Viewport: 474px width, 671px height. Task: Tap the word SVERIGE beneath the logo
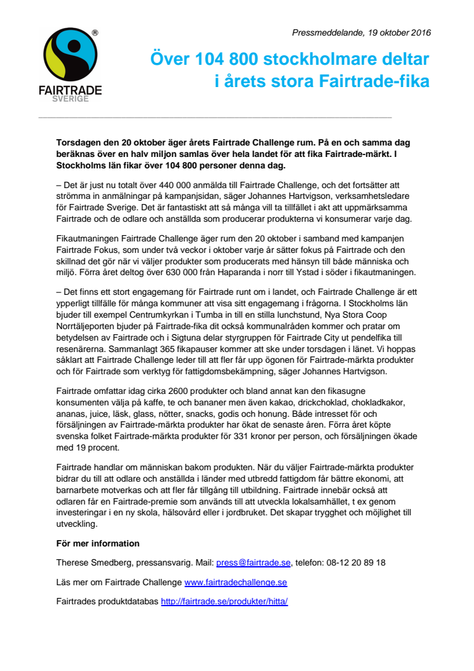pos(70,99)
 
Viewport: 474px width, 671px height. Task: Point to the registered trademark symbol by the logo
pos(95,32)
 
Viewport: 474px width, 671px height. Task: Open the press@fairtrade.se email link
pos(253,562)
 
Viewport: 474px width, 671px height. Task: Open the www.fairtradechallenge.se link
pos(235,582)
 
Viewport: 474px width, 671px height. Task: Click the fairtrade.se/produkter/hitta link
pos(224,601)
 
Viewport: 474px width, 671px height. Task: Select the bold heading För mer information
pos(98,543)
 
